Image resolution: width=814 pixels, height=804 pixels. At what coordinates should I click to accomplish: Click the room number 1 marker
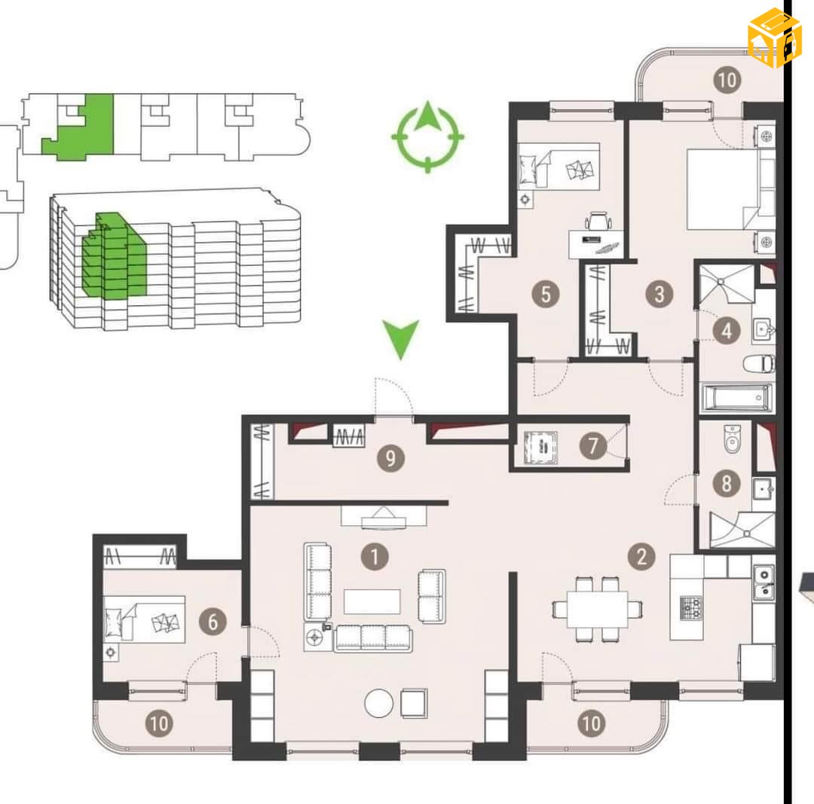coord(375,557)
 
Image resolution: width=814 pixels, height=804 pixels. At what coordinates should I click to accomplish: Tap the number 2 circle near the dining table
coord(641,556)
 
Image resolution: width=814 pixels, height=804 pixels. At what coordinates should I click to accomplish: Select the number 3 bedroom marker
coord(659,295)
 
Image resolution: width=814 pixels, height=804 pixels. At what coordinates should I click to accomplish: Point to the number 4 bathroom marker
coord(727,331)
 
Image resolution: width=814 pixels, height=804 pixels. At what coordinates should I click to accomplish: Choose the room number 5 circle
coord(546,295)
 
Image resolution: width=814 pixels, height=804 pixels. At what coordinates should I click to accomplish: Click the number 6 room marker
coord(213,622)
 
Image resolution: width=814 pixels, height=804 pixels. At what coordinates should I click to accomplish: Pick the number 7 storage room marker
coord(593,446)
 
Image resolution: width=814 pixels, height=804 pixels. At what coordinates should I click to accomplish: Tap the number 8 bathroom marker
coord(727,483)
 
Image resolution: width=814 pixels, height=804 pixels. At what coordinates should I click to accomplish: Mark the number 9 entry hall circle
coord(390,458)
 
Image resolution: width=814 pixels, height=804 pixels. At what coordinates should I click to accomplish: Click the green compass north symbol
coord(428,136)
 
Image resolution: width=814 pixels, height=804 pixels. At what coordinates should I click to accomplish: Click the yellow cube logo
coord(775,38)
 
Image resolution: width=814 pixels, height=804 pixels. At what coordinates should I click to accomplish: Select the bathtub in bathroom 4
coord(736,398)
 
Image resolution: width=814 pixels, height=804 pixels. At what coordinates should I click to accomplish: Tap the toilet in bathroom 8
coord(732,439)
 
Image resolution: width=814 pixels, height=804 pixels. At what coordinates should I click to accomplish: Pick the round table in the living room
coord(379,703)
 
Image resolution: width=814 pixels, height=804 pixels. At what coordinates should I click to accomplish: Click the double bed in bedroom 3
coord(731,189)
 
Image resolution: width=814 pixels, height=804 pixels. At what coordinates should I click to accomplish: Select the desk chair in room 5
coord(598,221)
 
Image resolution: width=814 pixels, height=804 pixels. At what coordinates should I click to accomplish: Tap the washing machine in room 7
coord(540,446)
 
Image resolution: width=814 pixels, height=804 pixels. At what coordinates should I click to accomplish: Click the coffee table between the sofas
coord(372,601)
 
